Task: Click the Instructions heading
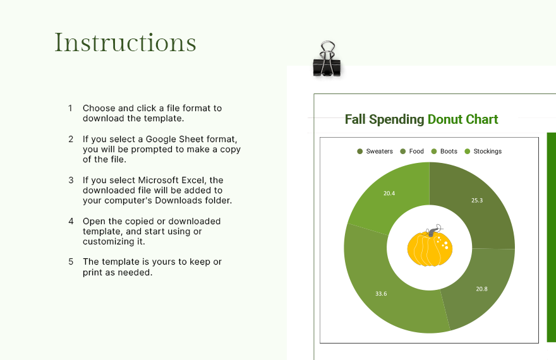coord(125,42)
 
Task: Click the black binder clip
coord(327,61)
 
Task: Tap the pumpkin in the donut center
coord(429,249)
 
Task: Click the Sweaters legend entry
coord(375,152)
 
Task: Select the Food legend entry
coord(412,152)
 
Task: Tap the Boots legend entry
coord(444,152)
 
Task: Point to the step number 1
coord(71,108)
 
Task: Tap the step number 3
coord(71,180)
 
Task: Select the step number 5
coord(71,261)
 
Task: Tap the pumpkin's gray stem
coord(432,232)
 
